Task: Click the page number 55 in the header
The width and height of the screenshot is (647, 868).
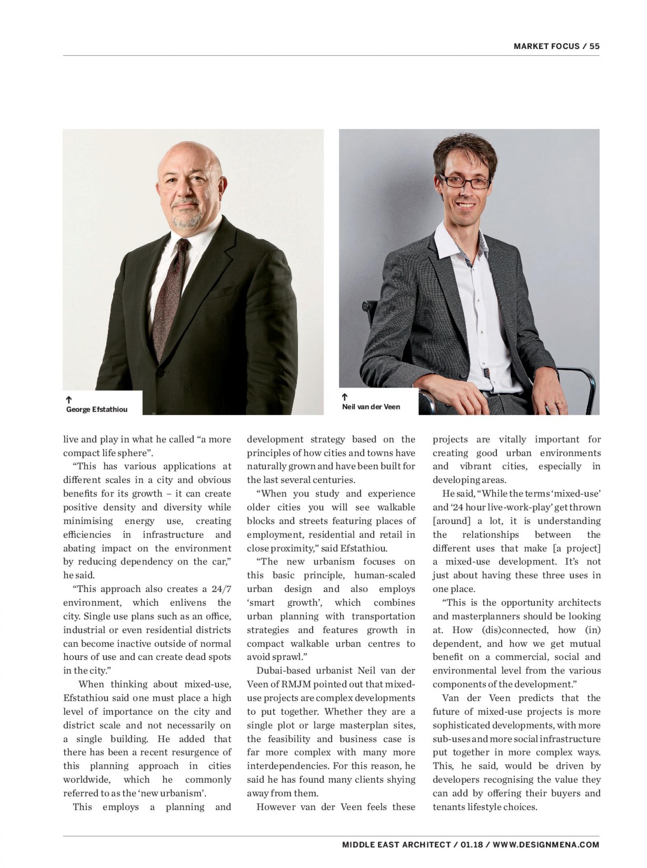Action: click(x=594, y=46)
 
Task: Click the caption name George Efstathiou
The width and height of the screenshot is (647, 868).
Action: click(x=97, y=409)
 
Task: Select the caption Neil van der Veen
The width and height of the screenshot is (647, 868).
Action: click(x=371, y=407)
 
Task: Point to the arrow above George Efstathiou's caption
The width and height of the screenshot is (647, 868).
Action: click(x=69, y=400)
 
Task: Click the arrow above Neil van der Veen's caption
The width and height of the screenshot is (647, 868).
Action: click(x=345, y=397)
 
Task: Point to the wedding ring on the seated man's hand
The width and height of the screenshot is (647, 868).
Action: click(x=558, y=403)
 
